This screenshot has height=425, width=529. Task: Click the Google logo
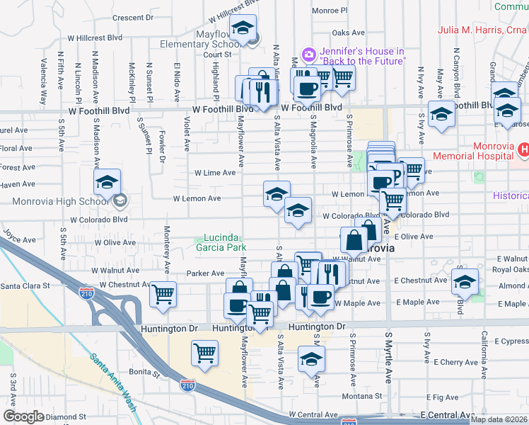pyautogui.click(x=23, y=416)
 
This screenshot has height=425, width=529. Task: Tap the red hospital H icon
pyautogui.click(x=523, y=149)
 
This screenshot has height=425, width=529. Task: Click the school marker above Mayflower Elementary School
pyautogui.click(x=243, y=29)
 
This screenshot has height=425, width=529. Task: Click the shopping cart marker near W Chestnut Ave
pyautogui.click(x=163, y=293)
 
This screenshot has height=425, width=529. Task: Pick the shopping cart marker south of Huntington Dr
pyautogui.click(x=205, y=352)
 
